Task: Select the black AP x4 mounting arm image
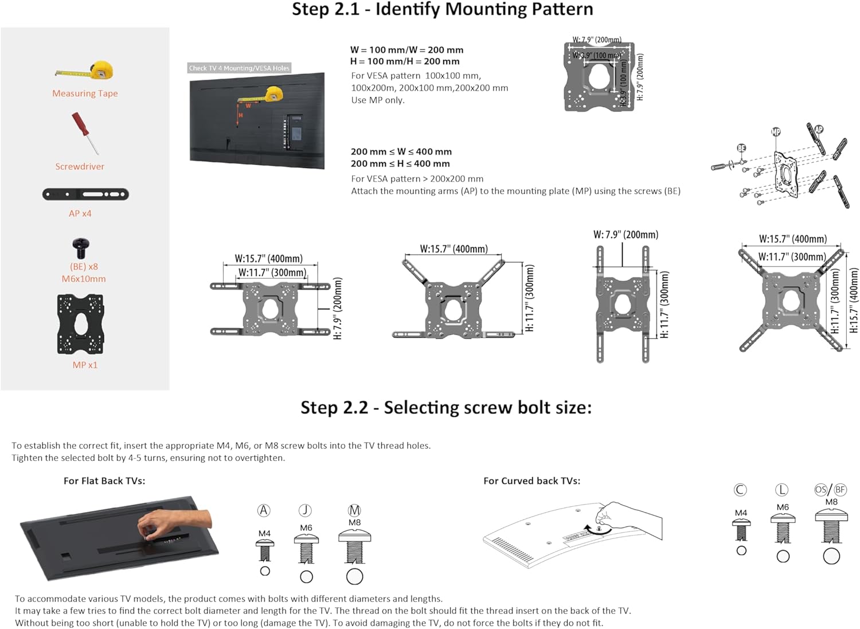(85, 194)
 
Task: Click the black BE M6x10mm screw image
(81, 248)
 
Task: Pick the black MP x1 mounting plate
(80, 325)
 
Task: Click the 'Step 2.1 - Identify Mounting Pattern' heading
(442, 10)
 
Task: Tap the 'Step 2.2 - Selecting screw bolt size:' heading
(445, 408)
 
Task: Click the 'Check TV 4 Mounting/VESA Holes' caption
(239, 68)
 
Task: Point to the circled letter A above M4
(264, 510)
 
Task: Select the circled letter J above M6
(305, 510)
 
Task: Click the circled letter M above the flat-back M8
(354, 510)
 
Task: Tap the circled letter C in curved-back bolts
(740, 490)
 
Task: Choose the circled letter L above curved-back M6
(781, 490)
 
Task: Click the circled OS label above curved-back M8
(821, 490)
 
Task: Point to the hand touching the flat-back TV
(172, 522)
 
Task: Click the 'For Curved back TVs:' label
(531, 481)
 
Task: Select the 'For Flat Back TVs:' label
(104, 481)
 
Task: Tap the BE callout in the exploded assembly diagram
(741, 148)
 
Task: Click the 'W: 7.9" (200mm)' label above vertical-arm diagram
(626, 235)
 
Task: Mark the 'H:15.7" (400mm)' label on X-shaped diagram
(854, 301)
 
